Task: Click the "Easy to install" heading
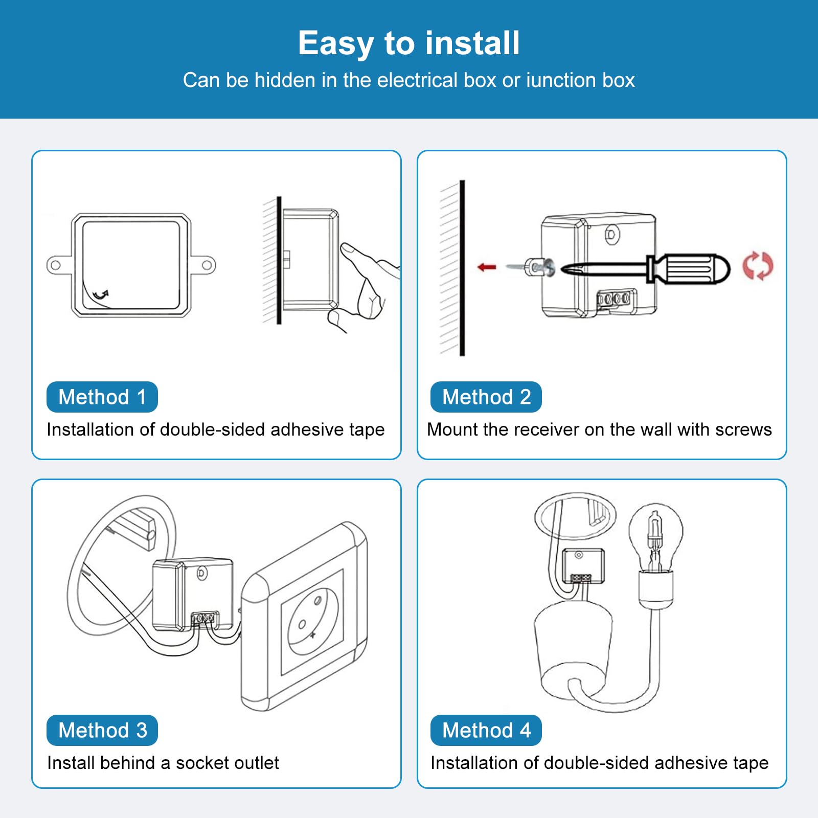(x=409, y=43)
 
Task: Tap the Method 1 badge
(x=102, y=397)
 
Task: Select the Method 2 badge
(x=486, y=397)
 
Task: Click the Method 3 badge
(x=102, y=730)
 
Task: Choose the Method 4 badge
(x=486, y=730)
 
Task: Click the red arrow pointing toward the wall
(x=487, y=267)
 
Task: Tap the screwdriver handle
(x=688, y=268)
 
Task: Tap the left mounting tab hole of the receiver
(x=55, y=265)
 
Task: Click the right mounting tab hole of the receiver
(x=207, y=265)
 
